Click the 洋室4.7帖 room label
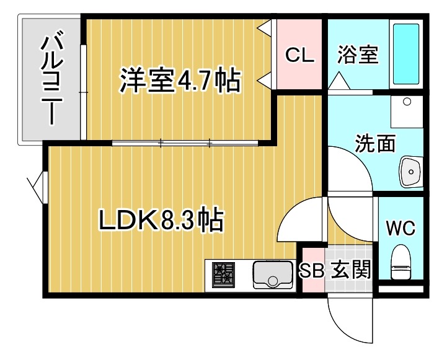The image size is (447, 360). tap(180, 81)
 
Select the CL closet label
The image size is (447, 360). tap(299, 56)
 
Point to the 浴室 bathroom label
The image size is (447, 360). tap(358, 55)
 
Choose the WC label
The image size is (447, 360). tap(400, 227)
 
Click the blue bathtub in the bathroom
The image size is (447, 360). tap(406, 55)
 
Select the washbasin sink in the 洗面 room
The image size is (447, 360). tap(410, 170)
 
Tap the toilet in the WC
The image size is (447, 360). tap(401, 263)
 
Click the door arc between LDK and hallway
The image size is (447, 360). tap(298, 220)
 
